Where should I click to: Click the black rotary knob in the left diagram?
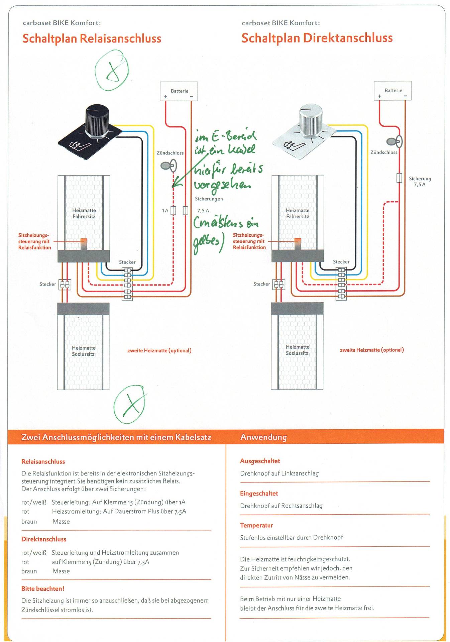click(97, 121)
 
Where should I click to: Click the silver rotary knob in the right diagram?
click(311, 121)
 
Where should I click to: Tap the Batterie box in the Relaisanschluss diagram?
click(179, 91)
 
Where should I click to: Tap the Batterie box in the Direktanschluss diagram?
click(392, 91)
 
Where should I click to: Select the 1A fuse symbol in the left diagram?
click(173, 210)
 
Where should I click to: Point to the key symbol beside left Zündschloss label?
click(168, 166)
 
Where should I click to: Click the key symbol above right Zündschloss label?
click(395, 141)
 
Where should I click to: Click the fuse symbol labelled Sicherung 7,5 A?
click(399, 178)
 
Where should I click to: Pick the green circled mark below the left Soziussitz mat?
click(130, 404)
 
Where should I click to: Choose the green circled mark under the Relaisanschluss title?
click(112, 70)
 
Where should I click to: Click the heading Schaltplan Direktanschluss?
click(317, 38)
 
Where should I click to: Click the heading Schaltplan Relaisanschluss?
click(92, 38)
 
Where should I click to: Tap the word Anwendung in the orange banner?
click(263, 437)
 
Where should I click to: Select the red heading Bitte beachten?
click(43, 588)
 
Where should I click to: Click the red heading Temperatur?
click(256, 525)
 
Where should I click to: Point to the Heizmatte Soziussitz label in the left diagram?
click(83, 351)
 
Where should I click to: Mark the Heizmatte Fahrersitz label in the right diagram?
click(298, 213)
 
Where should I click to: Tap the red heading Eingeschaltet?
click(259, 493)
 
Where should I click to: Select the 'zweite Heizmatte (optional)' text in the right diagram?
click(372, 350)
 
